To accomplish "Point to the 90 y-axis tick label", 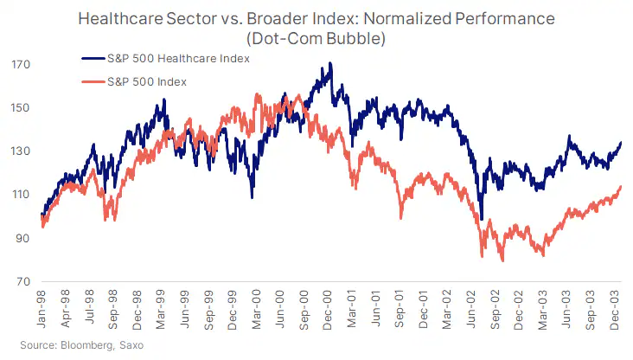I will click(22, 239).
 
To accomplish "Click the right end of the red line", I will click(621, 186).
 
